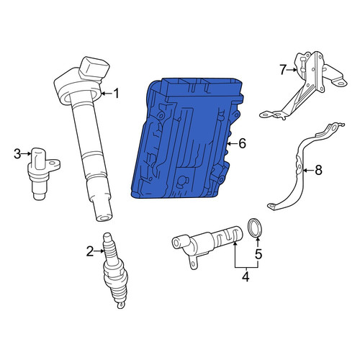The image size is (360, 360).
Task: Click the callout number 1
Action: point(117,94)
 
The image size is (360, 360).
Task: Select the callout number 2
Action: point(90,251)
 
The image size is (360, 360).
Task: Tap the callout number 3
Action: point(17,154)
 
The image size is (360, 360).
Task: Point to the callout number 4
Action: point(246,276)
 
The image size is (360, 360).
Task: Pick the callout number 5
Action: point(258,254)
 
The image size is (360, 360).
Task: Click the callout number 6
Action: point(243,143)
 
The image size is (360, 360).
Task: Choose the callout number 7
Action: point(283,70)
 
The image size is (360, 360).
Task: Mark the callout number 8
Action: point(318,171)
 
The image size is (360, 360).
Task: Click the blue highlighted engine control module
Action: point(187,138)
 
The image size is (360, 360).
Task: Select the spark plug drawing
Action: point(114,270)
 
